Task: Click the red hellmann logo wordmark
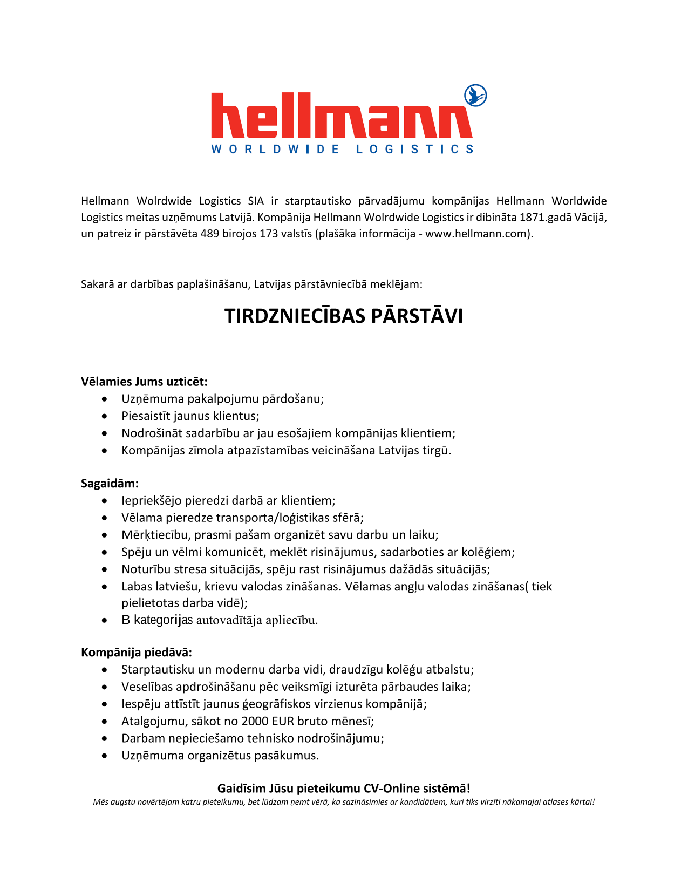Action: tap(341, 116)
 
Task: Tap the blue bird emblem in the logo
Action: tap(475, 96)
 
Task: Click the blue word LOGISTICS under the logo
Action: tap(414, 149)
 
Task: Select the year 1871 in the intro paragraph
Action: tap(532, 218)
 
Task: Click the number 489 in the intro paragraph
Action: tap(209, 234)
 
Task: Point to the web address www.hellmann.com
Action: tap(475, 234)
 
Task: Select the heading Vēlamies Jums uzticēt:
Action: tap(144, 382)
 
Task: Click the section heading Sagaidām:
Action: tap(110, 483)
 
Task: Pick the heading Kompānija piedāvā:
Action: tap(136, 652)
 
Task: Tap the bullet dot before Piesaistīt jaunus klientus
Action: tap(105, 416)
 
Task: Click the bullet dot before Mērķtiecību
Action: tap(105, 535)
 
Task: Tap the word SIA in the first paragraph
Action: tap(256, 201)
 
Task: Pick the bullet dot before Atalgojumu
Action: tap(105, 721)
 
